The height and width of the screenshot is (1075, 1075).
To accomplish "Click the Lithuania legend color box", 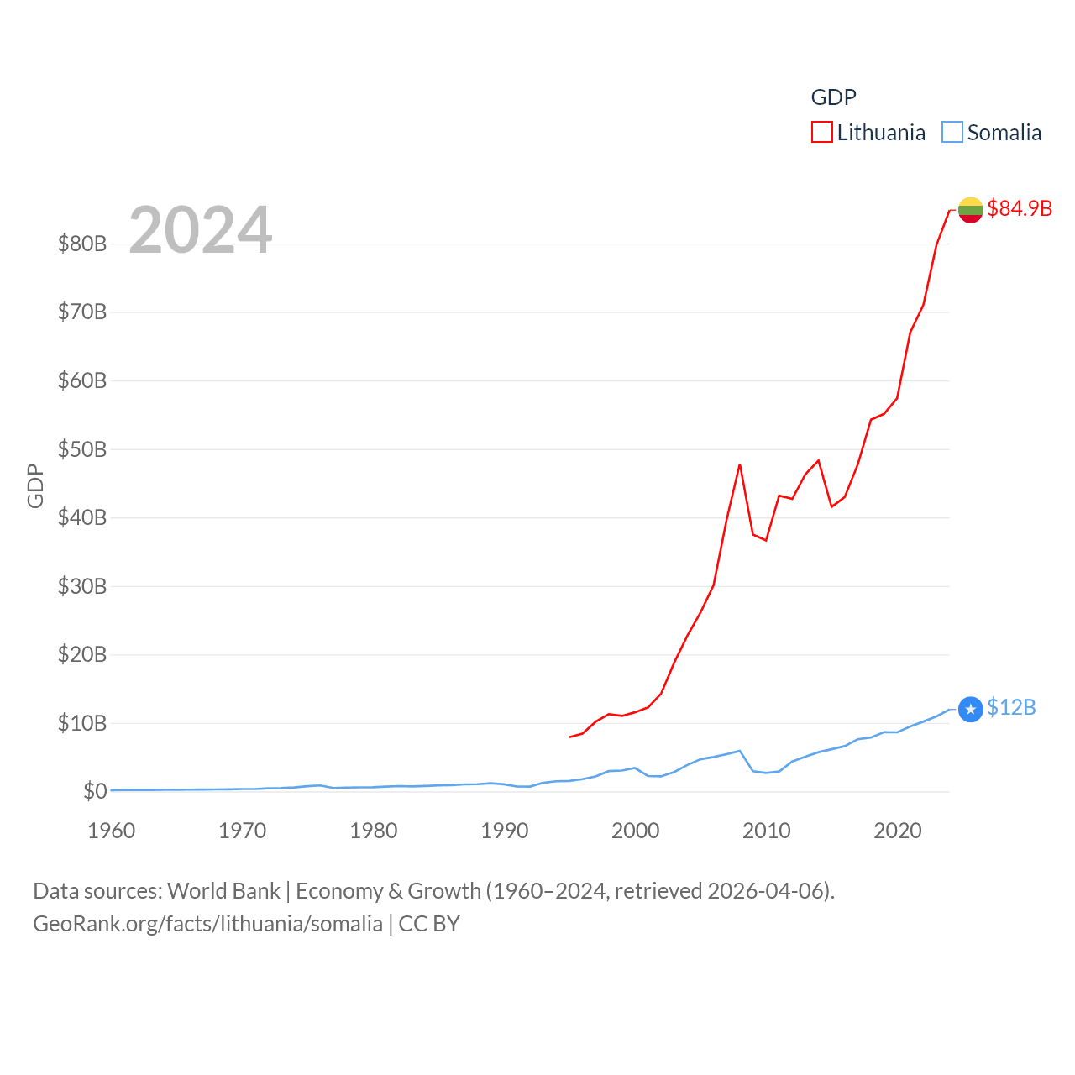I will click(821, 133).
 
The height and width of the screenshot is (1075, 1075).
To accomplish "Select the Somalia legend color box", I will click(952, 133).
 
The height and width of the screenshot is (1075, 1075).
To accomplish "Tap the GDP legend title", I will click(833, 97).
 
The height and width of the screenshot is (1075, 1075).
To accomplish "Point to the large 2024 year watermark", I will click(200, 230).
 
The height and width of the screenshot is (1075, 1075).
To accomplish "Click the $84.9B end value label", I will click(1019, 208).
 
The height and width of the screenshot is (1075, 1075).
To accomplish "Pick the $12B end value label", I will click(1010, 707).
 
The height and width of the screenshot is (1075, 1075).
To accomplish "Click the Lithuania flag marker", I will click(970, 209).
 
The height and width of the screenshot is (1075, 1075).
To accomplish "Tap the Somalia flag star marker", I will click(970, 710).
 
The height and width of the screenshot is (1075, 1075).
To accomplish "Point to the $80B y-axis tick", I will click(82, 244).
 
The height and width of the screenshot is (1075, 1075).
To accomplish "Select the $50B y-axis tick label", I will click(82, 449).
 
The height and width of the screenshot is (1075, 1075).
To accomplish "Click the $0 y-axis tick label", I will click(95, 791).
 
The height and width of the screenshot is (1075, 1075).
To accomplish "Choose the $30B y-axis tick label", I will click(82, 586).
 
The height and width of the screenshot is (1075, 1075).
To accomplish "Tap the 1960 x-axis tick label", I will click(112, 831).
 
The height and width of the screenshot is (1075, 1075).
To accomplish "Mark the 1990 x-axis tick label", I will click(505, 831).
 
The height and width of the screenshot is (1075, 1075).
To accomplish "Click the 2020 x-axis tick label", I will click(898, 831).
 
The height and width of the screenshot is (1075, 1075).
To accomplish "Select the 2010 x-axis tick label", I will click(767, 831).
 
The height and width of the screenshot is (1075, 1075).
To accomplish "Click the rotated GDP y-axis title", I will click(35, 485).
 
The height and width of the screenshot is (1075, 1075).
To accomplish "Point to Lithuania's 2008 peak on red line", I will click(740, 464).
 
